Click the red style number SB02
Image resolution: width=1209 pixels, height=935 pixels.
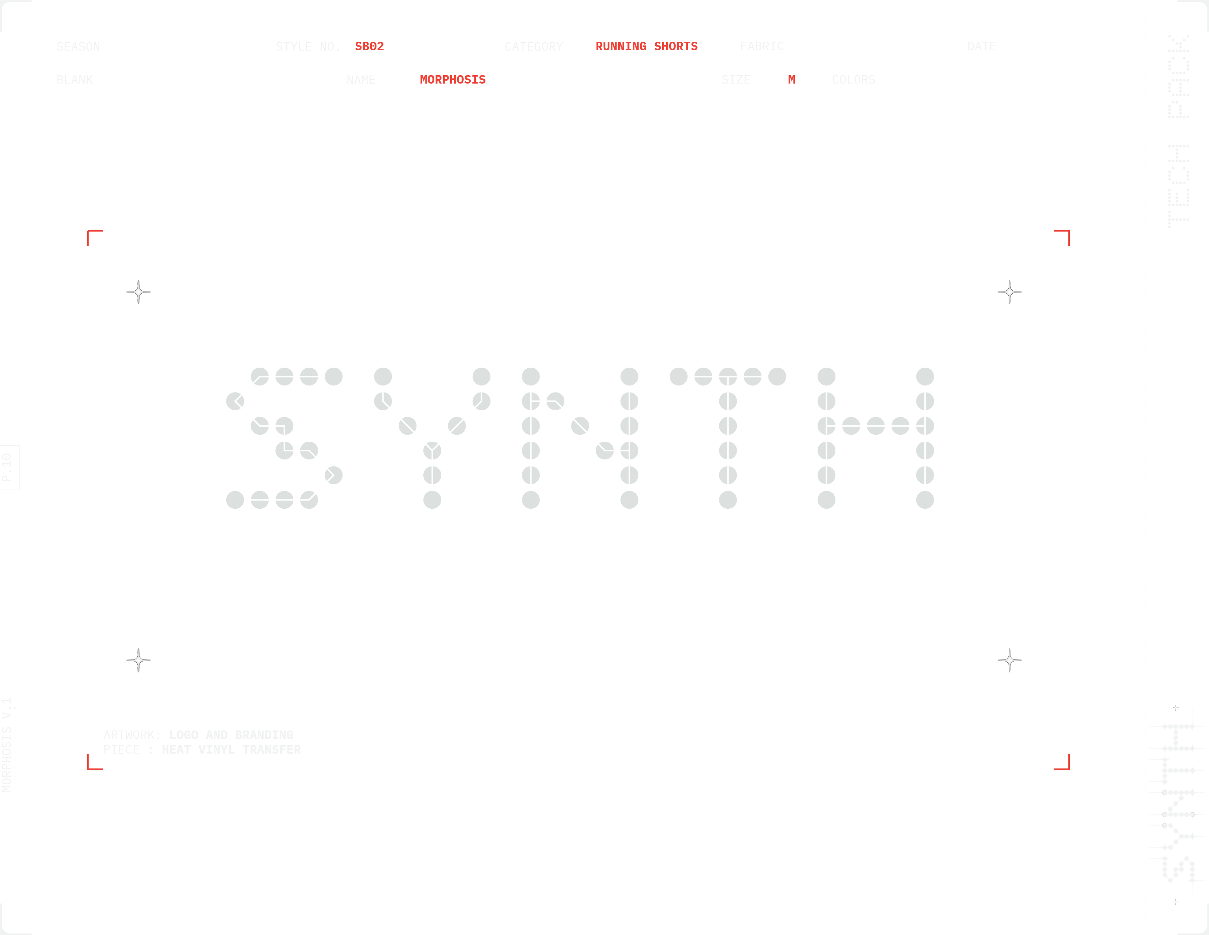point(369,47)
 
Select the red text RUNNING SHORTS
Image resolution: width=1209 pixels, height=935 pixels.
point(646,47)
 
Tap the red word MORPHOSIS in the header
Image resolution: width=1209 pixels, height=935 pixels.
point(452,80)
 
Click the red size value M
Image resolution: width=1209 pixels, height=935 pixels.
point(791,80)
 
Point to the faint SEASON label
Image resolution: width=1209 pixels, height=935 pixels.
point(78,47)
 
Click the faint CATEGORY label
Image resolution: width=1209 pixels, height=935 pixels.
point(534,47)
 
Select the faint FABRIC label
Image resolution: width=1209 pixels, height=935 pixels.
point(762,47)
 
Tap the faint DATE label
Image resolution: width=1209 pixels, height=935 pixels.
point(982,47)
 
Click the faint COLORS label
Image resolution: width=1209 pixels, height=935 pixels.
point(853,80)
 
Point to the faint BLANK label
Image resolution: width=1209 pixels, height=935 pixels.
point(75,80)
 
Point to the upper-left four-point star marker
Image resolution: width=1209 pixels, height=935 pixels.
point(138,292)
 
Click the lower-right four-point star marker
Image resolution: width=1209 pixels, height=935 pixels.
point(1009,660)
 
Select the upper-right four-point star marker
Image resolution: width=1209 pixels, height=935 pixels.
point(1009,292)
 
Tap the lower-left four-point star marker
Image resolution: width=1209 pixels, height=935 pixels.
point(138,660)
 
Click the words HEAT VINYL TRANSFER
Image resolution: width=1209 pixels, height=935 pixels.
point(231,750)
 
